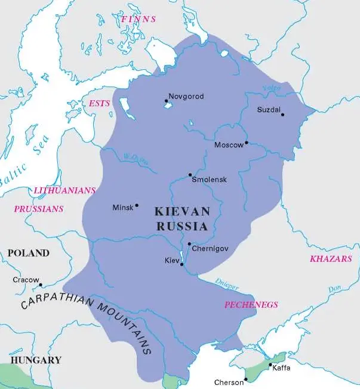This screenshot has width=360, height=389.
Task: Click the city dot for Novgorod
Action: click(x=166, y=101)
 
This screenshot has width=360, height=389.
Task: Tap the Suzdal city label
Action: click(x=267, y=110)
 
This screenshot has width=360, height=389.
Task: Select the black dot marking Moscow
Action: click(x=246, y=143)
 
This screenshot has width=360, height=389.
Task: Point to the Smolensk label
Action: click(x=210, y=180)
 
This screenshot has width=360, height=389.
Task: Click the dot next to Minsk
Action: click(x=137, y=205)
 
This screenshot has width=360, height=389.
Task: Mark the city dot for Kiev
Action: click(x=181, y=264)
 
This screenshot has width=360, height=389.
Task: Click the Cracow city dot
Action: click(x=41, y=285)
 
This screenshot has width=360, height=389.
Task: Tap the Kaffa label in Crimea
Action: click(x=281, y=368)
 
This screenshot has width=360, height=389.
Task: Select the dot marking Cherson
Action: click(x=247, y=378)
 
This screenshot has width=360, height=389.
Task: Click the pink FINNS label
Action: click(x=138, y=19)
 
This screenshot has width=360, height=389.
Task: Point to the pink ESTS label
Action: click(x=100, y=103)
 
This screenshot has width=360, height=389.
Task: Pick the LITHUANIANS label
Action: click(x=64, y=190)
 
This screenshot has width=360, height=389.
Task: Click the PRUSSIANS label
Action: click(x=38, y=209)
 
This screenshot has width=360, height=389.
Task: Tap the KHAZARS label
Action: click(x=331, y=259)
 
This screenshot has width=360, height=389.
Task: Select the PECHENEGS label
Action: click(x=251, y=304)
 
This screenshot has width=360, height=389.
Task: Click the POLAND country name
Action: click(x=28, y=253)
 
